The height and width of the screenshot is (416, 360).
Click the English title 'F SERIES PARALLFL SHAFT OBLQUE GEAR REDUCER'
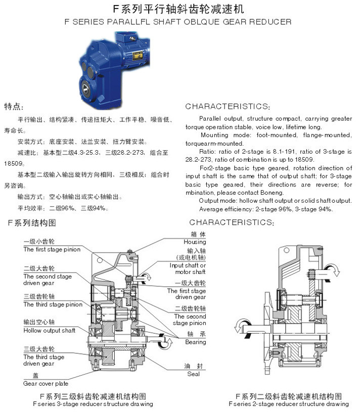click(178, 22)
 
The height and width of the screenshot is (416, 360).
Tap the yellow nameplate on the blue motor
click(138, 56)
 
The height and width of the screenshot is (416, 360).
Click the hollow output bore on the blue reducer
click(85, 88)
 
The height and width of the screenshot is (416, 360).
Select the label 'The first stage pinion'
click(52, 249)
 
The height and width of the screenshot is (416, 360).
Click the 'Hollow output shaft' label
click(50, 331)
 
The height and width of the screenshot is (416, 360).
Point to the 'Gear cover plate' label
click(46, 384)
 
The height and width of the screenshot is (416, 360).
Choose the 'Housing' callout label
click(195, 242)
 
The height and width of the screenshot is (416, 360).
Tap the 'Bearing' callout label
click(196, 342)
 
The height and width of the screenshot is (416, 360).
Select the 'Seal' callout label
click(193, 374)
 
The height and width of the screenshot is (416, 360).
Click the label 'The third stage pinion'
click(53, 305)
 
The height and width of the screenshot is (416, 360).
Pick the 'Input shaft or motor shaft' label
click(188, 268)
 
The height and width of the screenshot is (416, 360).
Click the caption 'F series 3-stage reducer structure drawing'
click(93, 404)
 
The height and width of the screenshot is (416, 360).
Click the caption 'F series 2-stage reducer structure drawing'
click(289, 404)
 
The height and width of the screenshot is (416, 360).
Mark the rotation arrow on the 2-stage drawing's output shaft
click(243, 329)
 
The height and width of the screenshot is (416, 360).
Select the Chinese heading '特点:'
click(14, 107)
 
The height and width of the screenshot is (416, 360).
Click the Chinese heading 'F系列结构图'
click(32, 223)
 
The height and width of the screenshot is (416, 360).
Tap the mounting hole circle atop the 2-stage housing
click(287, 250)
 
